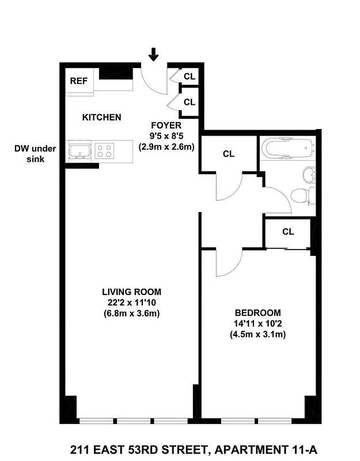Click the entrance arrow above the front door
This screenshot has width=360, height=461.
[154, 54]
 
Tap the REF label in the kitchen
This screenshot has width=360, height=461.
[79, 81]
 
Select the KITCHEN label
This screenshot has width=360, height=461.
[101, 118]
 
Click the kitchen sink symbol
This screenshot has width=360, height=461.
[79, 151]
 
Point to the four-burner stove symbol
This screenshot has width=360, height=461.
[104, 151]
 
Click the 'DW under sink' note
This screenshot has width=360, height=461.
[35, 154]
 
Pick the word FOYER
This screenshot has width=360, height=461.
[166, 125]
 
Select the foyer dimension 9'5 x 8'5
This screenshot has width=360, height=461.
[166, 136]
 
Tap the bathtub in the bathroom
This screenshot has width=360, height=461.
[288, 148]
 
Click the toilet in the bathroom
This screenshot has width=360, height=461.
[301, 196]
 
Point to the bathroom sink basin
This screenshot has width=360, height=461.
[309, 173]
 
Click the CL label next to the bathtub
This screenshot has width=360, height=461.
[229, 154]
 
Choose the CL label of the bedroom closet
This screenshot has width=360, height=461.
[288, 232]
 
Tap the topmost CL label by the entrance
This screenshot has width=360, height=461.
[190, 76]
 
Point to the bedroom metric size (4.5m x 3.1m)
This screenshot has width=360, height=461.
[258, 334]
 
